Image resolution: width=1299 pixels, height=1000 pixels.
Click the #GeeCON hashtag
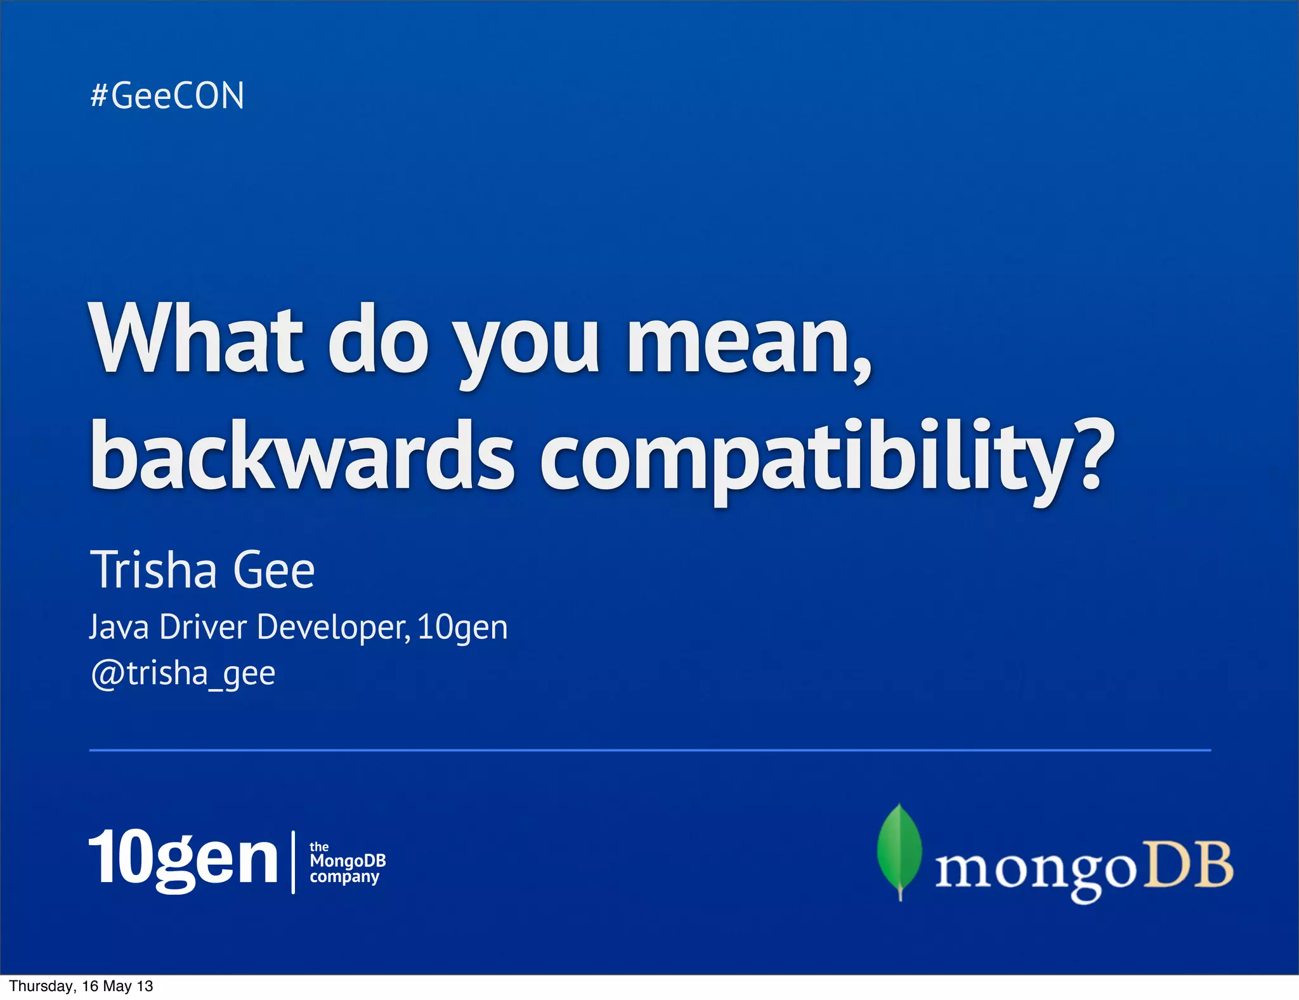pos(167,96)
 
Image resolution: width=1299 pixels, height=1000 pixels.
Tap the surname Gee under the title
pos(273,570)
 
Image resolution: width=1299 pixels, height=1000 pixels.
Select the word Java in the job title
pos(119,628)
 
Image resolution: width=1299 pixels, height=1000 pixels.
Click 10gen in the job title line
pos(462,628)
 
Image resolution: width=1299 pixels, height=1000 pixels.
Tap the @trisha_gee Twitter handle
pos(183,673)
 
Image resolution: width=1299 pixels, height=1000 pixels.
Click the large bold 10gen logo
pos(183,859)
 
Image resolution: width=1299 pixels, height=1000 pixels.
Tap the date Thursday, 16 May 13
pos(81,986)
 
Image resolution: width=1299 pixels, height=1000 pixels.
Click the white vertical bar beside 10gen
pos(293,862)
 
